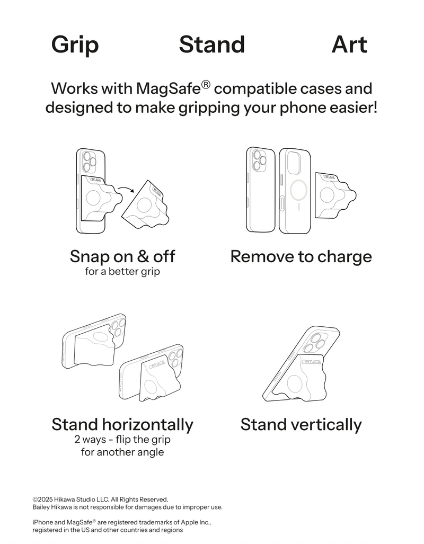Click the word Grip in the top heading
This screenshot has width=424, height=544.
tap(75, 45)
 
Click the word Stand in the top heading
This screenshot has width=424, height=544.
tap(212, 44)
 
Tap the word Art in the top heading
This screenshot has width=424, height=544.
tap(349, 44)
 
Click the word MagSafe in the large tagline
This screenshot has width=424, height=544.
tap(169, 89)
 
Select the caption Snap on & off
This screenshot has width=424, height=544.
tap(122, 256)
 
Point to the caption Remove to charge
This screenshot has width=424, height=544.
tap(301, 257)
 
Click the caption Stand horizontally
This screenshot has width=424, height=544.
tap(122, 425)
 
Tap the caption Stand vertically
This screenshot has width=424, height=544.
tap(301, 425)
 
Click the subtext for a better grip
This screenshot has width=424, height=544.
tap(122, 271)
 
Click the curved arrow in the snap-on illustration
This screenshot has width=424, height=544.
tap(126, 189)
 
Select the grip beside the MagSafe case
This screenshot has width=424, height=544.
tap(335, 195)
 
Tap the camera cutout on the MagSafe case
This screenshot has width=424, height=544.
tap(294, 162)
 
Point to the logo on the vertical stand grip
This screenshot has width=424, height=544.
tap(311, 362)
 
